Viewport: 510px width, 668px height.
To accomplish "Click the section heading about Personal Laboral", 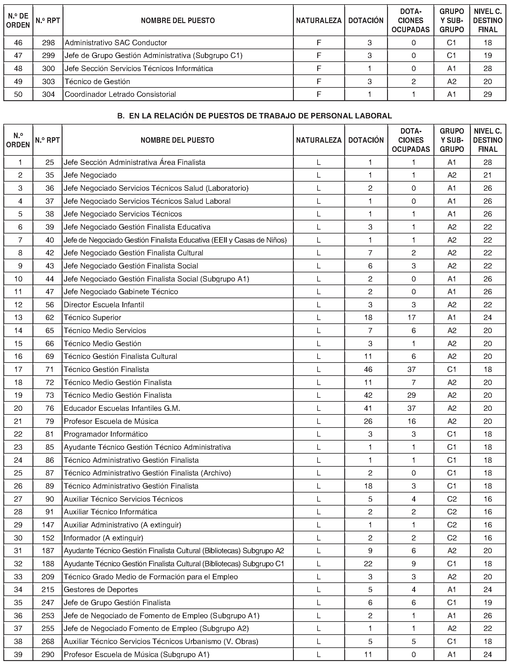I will pyautogui.click(x=254, y=116).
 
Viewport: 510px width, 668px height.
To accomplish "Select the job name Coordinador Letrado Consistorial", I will pyautogui.click(x=120, y=94).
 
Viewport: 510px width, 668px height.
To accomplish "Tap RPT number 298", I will pyautogui.click(x=49, y=43).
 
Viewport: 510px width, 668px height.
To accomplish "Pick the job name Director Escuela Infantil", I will pyautogui.click(x=104, y=305).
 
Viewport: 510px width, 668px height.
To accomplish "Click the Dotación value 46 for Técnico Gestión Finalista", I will pyautogui.click(x=368, y=369).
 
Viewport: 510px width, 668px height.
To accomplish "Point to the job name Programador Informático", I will pyautogui.click(x=106, y=434).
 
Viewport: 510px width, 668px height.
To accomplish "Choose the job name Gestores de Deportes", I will pyautogui.click(x=101, y=589).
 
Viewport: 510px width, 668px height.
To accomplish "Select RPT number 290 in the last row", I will pyautogui.click(x=48, y=654).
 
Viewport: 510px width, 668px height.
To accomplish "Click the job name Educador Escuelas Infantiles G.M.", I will pyautogui.click(x=122, y=408).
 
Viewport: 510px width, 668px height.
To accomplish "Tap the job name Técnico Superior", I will pyautogui.click(x=92, y=317).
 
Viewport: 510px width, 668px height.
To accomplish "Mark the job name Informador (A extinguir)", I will pyautogui.click(x=103, y=538).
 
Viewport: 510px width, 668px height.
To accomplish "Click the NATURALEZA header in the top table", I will pyautogui.click(x=319, y=20).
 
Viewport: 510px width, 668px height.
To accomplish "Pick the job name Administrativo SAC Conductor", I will pyautogui.click(x=116, y=43).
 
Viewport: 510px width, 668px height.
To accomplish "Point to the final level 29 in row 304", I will pyautogui.click(x=488, y=94).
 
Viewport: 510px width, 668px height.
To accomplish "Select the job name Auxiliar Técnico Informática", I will pyautogui.click(x=110, y=512).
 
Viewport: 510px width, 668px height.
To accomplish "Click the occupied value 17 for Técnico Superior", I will pyautogui.click(x=412, y=317).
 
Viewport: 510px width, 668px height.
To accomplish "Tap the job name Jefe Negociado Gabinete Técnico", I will pyautogui.click(x=121, y=291).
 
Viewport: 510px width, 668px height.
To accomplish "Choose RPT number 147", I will pyautogui.click(x=48, y=525).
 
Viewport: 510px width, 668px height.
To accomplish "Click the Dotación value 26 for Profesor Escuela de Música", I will pyautogui.click(x=368, y=421).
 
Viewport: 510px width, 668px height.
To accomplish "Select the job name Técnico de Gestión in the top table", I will pyautogui.click(x=97, y=81).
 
